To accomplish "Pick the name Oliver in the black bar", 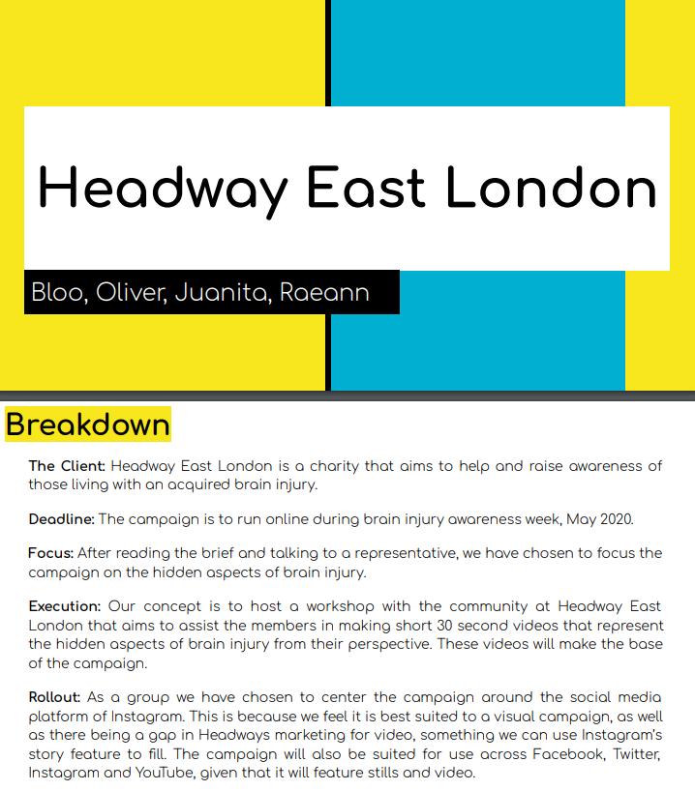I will [132, 292].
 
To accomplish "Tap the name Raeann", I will [324, 292].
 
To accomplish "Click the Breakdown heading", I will [88, 425].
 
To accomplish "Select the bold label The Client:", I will [67, 466].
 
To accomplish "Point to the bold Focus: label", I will [51, 553].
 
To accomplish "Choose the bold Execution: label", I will [65, 606].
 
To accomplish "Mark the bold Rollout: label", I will [55, 696].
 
